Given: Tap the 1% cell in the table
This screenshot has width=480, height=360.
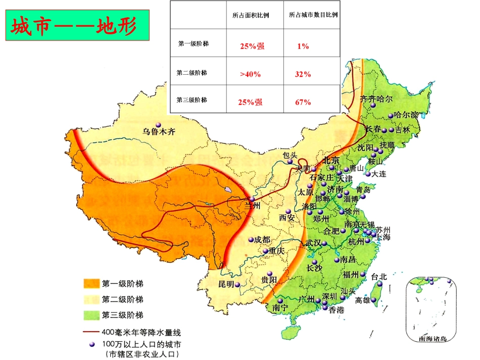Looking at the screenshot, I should pos(303,46).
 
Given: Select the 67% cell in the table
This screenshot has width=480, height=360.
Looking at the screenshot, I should pos(303,102).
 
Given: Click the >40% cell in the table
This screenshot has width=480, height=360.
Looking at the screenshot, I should pos(251,74).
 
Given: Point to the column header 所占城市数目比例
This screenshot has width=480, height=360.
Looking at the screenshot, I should pos(313,15).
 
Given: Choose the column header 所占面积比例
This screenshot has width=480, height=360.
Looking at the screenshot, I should pos(251,15).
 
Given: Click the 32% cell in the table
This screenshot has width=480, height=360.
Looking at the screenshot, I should pos(303,74).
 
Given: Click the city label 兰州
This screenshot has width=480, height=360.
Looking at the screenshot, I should pos(252,206).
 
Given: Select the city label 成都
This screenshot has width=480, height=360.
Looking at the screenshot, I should pos(263,239).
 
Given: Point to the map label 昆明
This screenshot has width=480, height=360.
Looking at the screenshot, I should pos(226,284).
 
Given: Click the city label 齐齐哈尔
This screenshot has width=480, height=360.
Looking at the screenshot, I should pos(375,99).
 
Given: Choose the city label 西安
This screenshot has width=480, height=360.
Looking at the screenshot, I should pos(287,218).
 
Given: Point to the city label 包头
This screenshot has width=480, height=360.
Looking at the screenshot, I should pos(291,155).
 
